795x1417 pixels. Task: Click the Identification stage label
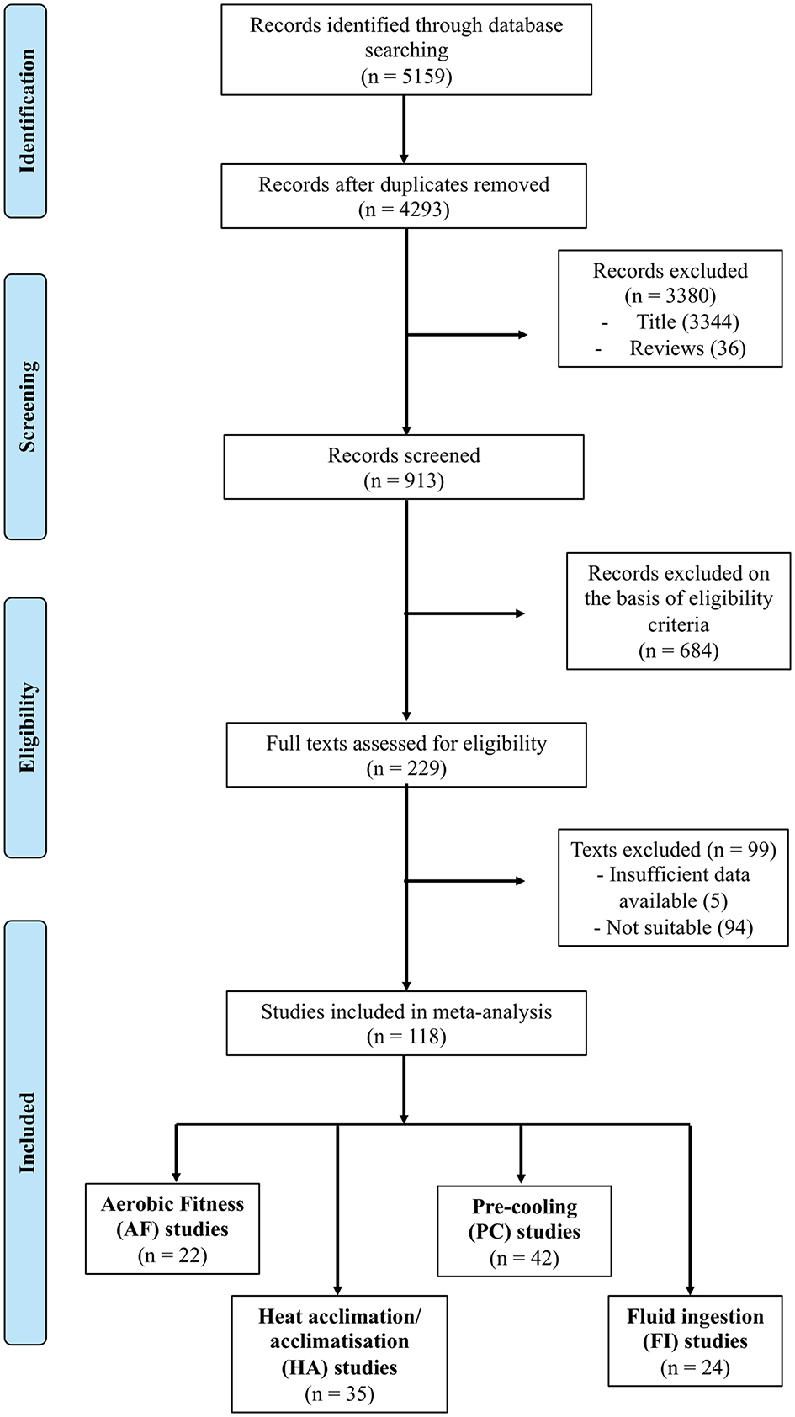27,111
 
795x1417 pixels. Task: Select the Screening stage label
27,406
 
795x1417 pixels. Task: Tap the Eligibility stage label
27,728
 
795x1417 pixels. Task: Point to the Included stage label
27,1132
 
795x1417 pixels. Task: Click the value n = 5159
406,77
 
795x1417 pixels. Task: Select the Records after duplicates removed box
404,196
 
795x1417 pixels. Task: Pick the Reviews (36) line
686,348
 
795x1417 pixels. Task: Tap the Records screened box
404,467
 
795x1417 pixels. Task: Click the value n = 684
679,650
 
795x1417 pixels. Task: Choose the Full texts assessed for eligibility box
406,755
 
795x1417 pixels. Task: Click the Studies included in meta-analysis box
406,1023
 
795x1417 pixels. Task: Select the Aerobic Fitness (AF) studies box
172,1229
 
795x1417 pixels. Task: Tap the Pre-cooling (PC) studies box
524,1231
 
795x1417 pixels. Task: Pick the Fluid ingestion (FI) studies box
695,1341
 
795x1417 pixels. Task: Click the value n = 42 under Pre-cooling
524,1258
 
